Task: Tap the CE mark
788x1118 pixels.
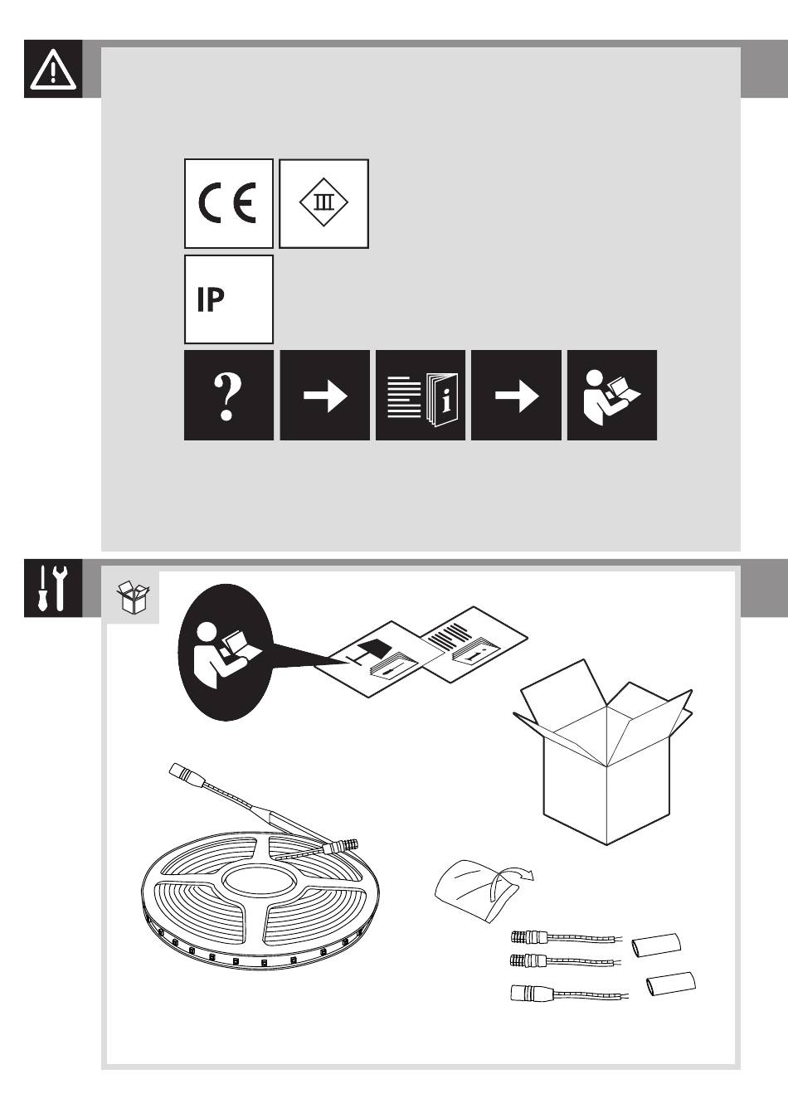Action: pyautogui.click(x=228, y=203)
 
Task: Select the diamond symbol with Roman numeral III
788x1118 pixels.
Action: pyautogui.click(x=323, y=203)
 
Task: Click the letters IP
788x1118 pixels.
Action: pyautogui.click(x=211, y=300)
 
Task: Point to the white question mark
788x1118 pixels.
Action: pyautogui.click(x=227, y=396)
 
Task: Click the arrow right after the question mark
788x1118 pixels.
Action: pyautogui.click(x=324, y=396)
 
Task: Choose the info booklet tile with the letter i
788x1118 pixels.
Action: pyautogui.click(x=421, y=396)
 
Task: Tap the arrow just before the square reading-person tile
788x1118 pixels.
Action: pyautogui.click(x=516, y=396)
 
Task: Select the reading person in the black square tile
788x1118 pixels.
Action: pyautogui.click(x=611, y=396)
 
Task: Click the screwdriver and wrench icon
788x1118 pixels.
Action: pyautogui.click(x=53, y=588)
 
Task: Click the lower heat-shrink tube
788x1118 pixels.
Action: pyautogui.click(x=670, y=984)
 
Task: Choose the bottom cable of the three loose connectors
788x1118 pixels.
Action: pyautogui.click(x=568, y=991)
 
